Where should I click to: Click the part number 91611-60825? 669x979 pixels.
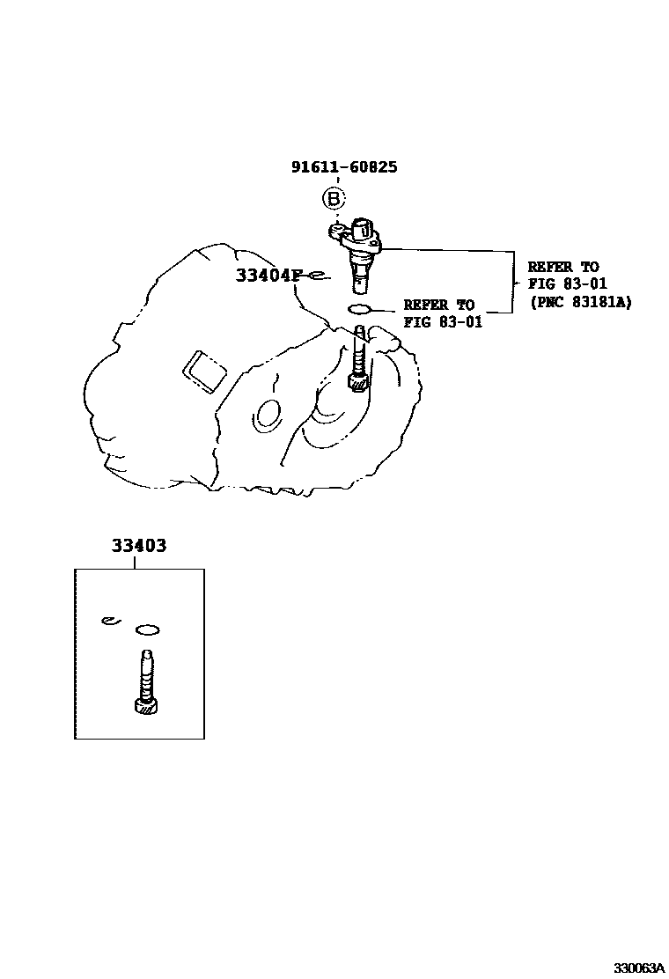(344, 166)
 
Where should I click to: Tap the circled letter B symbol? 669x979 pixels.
(334, 199)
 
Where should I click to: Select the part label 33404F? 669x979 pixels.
(268, 276)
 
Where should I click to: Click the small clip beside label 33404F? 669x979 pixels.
(320, 276)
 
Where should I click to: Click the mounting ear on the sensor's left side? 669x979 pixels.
(337, 231)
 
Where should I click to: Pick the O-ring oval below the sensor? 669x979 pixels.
(361, 308)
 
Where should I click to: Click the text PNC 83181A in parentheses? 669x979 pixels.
(580, 301)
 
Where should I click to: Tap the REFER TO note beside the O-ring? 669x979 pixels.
(438, 305)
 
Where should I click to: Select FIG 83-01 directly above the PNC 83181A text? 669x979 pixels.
(567, 283)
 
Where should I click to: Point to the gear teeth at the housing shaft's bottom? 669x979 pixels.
(357, 383)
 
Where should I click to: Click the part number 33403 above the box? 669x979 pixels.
(138, 546)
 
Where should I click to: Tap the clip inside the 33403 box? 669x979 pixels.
(107, 621)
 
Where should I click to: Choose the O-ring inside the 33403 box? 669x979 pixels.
(147, 629)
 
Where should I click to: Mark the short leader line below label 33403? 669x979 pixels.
(135, 563)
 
